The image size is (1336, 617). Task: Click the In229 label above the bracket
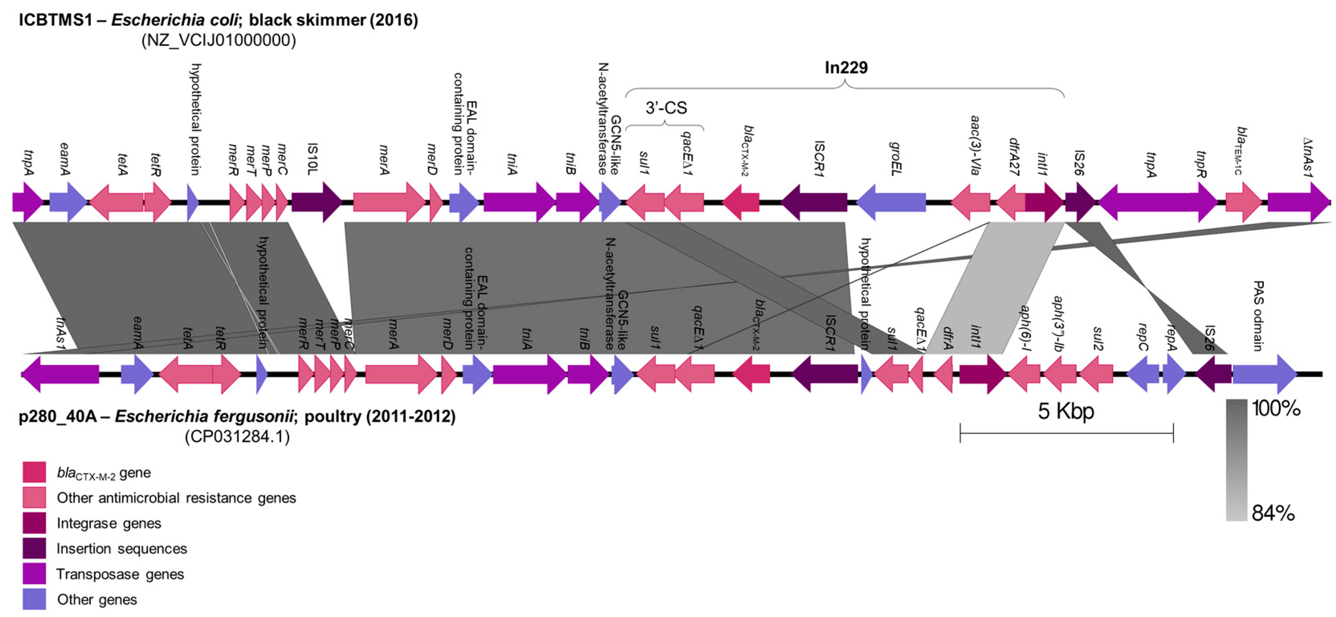pos(846,68)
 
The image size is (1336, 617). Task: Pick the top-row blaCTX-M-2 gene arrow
pos(741,202)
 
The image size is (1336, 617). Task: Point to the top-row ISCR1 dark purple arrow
pos(814,202)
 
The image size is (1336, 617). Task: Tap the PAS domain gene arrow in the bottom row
pos(1264,374)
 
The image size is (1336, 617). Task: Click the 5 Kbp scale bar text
pos(1066,411)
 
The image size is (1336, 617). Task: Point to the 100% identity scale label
pos(1276,409)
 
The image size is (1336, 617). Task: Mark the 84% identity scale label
pos(1273,513)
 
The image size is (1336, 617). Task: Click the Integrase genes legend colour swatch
pos(34,523)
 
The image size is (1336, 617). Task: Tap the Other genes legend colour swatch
pos(34,599)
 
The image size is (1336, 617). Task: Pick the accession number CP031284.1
pos(237,436)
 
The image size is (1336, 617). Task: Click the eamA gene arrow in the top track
pos(68,202)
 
